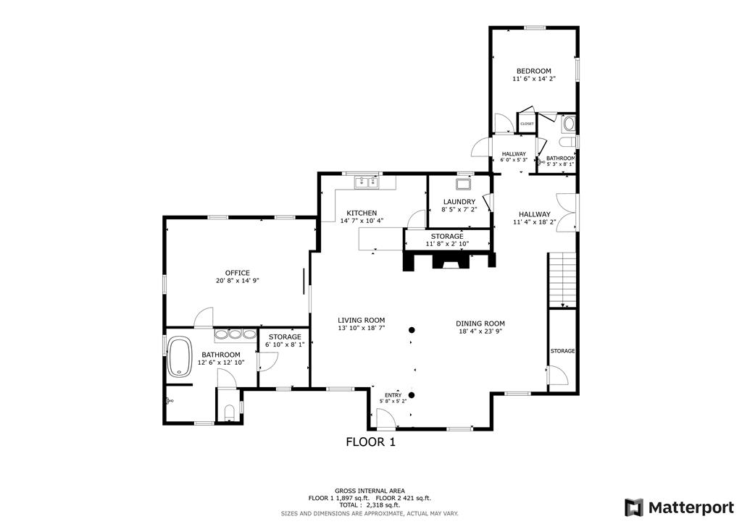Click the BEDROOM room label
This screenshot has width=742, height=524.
click(x=533, y=71)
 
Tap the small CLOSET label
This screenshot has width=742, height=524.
click(x=527, y=124)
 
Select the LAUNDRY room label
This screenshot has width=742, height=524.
click(x=459, y=202)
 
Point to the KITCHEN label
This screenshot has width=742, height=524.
click(x=362, y=213)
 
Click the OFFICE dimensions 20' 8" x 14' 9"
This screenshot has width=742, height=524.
click(x=237, y=281)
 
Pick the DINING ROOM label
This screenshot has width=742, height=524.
click(x=480, y=324)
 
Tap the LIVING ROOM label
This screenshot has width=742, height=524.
click(x=361, y=321)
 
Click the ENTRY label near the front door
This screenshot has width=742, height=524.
click(x=393, y=395)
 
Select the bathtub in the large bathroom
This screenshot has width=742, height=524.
click(x=180, y=356)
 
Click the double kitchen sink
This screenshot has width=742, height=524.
click(x=367, y=182)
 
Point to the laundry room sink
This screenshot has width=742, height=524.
click(x=463, y=183)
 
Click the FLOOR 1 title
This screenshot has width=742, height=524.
click(x=370, y=442)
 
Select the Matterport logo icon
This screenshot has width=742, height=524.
click(x=633, y=507)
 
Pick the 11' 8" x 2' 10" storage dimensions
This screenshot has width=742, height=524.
click(x=446, y=245)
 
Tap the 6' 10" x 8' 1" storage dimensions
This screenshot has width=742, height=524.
click(x=284, y=345)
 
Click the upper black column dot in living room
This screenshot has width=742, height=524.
click(x=412, y=330)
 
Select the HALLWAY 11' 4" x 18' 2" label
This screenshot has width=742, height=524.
click(x=534, y=218)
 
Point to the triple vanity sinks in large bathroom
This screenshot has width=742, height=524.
click(x=235, y=334)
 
